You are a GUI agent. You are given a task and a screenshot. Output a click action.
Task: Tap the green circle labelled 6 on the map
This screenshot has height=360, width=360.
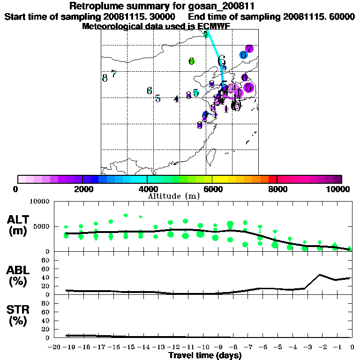191,61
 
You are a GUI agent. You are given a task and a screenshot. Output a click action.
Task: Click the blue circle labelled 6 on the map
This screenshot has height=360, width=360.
243,55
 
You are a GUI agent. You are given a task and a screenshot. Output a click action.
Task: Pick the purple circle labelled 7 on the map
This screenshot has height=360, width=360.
249,49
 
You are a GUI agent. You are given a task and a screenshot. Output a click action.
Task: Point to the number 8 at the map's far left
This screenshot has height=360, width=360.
105,78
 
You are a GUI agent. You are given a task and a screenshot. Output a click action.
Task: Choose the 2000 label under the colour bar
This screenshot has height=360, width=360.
82,189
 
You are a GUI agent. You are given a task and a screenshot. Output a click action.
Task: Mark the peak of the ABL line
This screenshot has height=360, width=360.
320,275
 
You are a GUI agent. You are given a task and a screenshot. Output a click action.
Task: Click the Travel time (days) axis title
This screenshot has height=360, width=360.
205,356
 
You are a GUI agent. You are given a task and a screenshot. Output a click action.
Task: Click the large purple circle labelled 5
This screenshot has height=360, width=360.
248,87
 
